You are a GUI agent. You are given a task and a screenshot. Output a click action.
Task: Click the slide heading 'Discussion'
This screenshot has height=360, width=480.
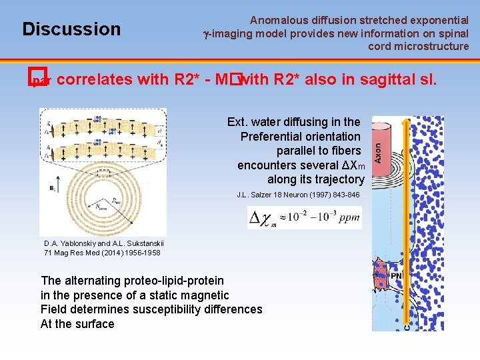click(71, 29)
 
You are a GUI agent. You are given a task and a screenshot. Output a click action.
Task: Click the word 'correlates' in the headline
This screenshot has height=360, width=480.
click(95, 80)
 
